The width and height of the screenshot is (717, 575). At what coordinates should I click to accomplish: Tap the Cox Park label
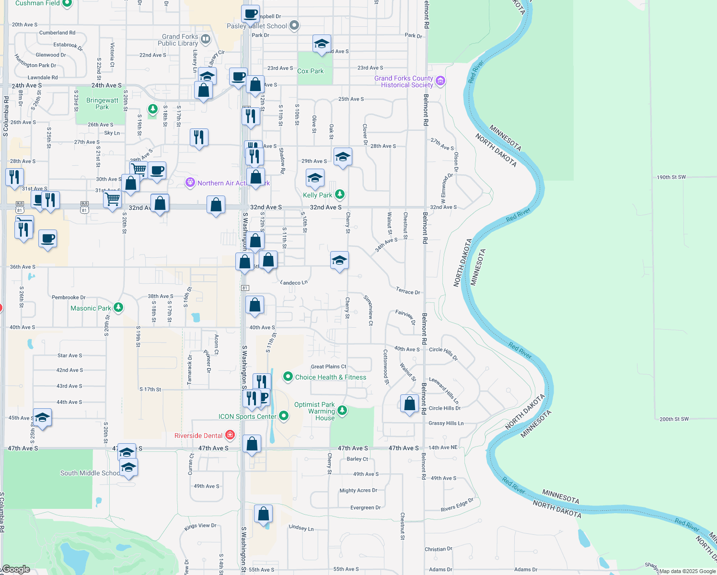(310, 71)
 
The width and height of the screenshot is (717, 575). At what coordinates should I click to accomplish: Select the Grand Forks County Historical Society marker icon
(440, 81)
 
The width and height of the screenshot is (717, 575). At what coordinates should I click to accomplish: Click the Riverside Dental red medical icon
(230, 435)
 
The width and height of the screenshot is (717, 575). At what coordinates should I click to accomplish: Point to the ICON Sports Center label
(247, 416)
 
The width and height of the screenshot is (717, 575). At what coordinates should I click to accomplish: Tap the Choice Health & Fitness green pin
(288, 377)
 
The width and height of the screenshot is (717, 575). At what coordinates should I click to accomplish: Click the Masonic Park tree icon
(118, 308)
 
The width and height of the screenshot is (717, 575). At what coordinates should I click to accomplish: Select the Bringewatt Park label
(102, 103)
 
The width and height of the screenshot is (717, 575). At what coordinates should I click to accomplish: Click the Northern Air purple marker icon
(190, 183)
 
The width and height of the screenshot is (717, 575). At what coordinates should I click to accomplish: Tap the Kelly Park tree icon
(340, 194)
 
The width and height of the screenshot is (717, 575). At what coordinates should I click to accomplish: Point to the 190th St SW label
(671, 177)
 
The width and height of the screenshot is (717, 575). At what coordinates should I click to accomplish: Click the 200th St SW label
(674, 419)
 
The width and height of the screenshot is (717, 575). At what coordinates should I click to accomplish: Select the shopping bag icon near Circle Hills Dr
(409, 403)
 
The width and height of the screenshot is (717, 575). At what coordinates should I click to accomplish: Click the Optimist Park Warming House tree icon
(342, 410)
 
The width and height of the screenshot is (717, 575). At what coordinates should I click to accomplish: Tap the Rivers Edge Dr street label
(457, 505)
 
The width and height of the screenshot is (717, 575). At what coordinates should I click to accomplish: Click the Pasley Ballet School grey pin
(294, 25)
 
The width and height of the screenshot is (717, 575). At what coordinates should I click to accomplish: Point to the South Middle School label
(90, 473)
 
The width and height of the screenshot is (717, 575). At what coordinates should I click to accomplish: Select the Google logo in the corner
(16, 569)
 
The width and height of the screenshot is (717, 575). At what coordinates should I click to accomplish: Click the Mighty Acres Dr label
(358, 491)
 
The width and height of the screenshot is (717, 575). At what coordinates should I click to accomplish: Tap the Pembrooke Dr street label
(69, 298)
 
